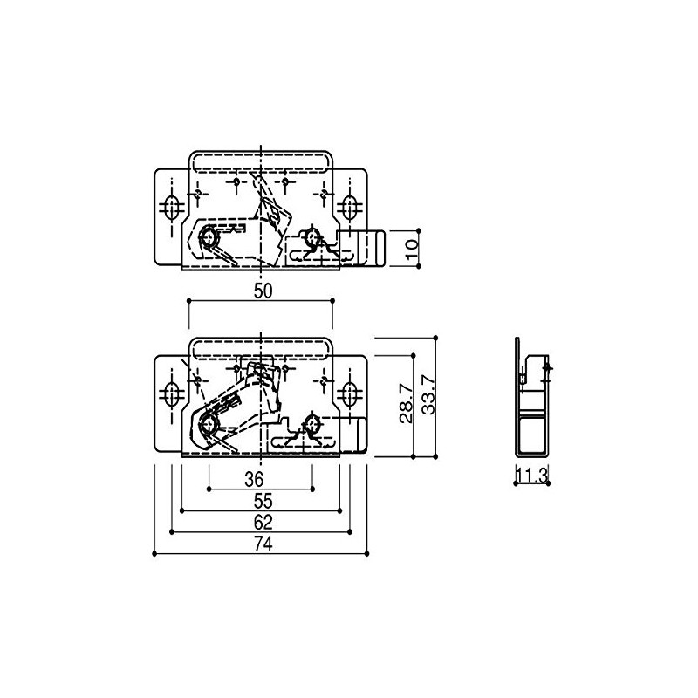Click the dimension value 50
click(263, 291)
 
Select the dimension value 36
click(254, 479)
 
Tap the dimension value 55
click(263, 501)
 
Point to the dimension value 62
click(263, 522)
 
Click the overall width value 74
click(263, 544)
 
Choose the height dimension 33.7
click(428, 395)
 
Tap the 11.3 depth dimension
click(532, 476)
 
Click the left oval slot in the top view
click(171, 207)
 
